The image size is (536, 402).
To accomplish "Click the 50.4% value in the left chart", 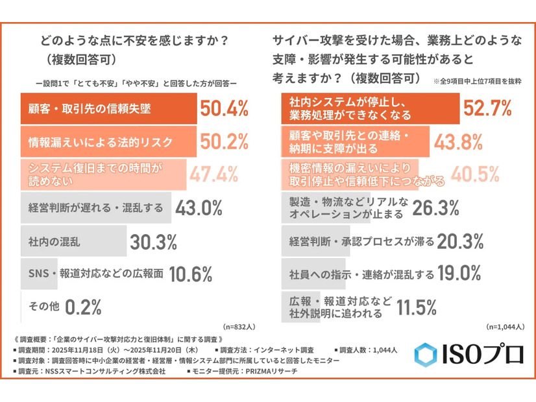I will click(224, 108).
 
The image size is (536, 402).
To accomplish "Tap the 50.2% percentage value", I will click(224, 141).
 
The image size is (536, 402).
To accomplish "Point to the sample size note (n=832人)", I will click(239, 327).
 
